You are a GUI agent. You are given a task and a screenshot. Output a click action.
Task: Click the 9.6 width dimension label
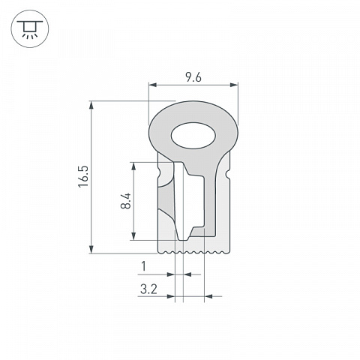[193, 77]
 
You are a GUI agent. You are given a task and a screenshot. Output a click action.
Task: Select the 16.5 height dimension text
[83, 176]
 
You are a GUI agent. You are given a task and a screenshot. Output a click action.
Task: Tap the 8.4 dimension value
[126, 201]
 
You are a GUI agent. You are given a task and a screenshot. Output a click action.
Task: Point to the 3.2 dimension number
[148, 289]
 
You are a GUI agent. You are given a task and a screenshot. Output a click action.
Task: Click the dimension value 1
[143, 266]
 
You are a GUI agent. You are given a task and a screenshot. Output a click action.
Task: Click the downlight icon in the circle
[30, 29]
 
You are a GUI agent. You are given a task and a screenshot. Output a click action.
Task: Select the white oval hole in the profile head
[193, 136]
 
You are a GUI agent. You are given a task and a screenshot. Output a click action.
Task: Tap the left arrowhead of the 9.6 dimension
[152, 85]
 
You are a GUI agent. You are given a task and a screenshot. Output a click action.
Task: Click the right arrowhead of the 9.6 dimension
[234, 85]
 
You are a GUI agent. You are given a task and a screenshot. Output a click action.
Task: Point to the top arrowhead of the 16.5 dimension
[91, 105]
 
